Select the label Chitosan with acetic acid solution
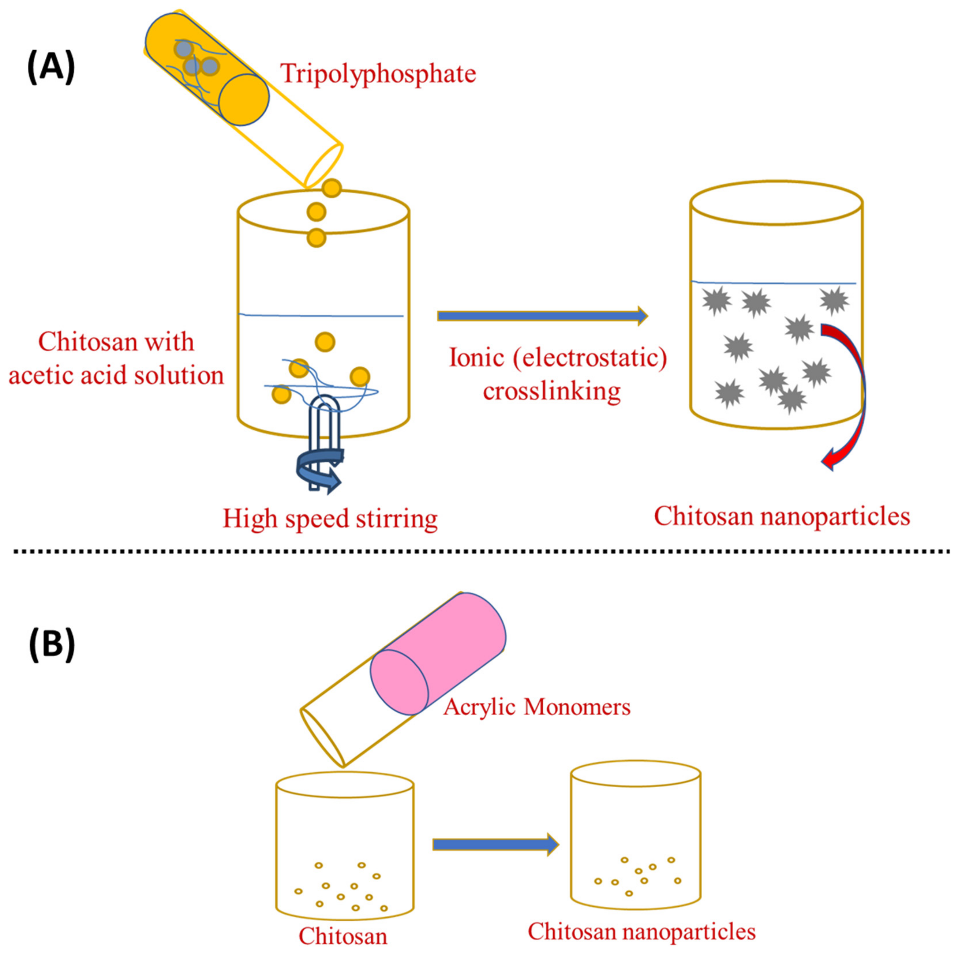pyautogui.click(x=116, y=358)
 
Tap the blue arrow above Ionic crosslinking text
pyautogui.click(x=542, y=316)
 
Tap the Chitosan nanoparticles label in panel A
pyautogui.click(x=781, y=517)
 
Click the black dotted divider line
pyautogui.click(x=480, y=551)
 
